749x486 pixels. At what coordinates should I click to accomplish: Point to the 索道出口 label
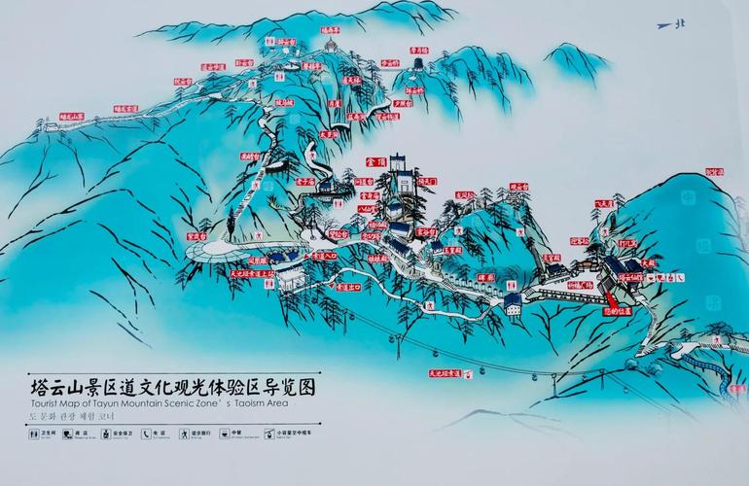coord(347,288)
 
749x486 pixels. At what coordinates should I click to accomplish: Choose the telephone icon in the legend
coord(146,434)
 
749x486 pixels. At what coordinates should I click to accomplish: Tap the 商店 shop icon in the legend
coord(69,434)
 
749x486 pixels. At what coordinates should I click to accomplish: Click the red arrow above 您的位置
coord(607,295)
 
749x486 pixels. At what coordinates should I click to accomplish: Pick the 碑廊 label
coord(487,278)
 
